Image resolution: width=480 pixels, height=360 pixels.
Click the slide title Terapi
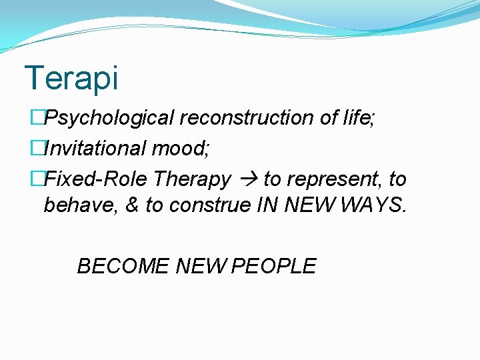click(x=71, y=78)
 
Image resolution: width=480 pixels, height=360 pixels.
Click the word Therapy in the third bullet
click(x=192, y=179)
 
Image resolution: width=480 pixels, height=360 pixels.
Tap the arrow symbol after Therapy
click(x=248, y=179)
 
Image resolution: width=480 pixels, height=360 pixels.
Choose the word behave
click(x=80, y=205)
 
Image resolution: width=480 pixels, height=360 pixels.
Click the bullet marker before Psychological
click(x=37, y=118)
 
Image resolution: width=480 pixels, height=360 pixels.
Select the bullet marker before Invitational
click(x=37, y=148)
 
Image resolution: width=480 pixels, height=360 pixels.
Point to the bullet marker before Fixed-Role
click(x=37, y=179)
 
